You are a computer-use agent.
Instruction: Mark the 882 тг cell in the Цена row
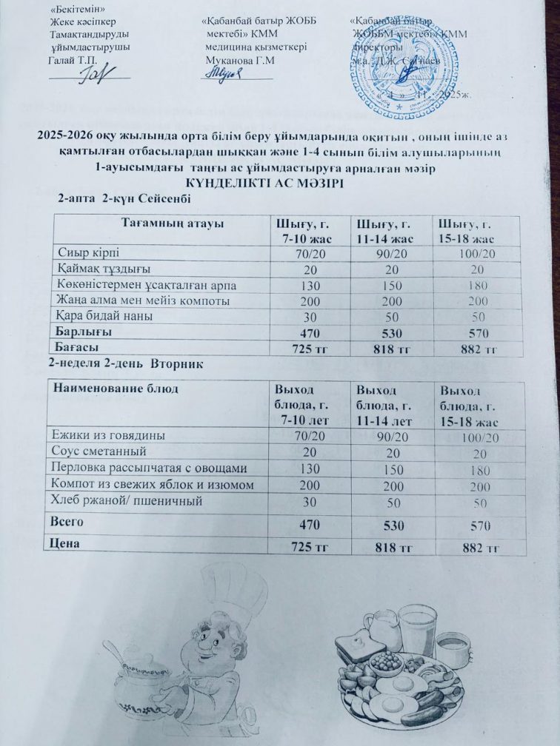[x=478, y=548]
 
